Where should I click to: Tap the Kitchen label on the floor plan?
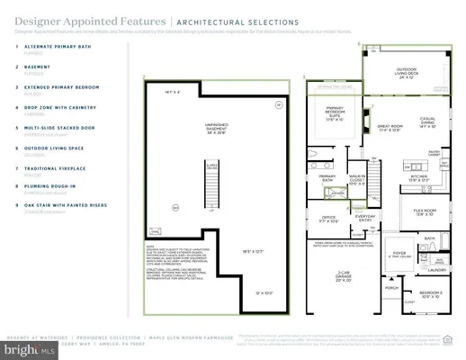pyautogui.click(x=422, y=177)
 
